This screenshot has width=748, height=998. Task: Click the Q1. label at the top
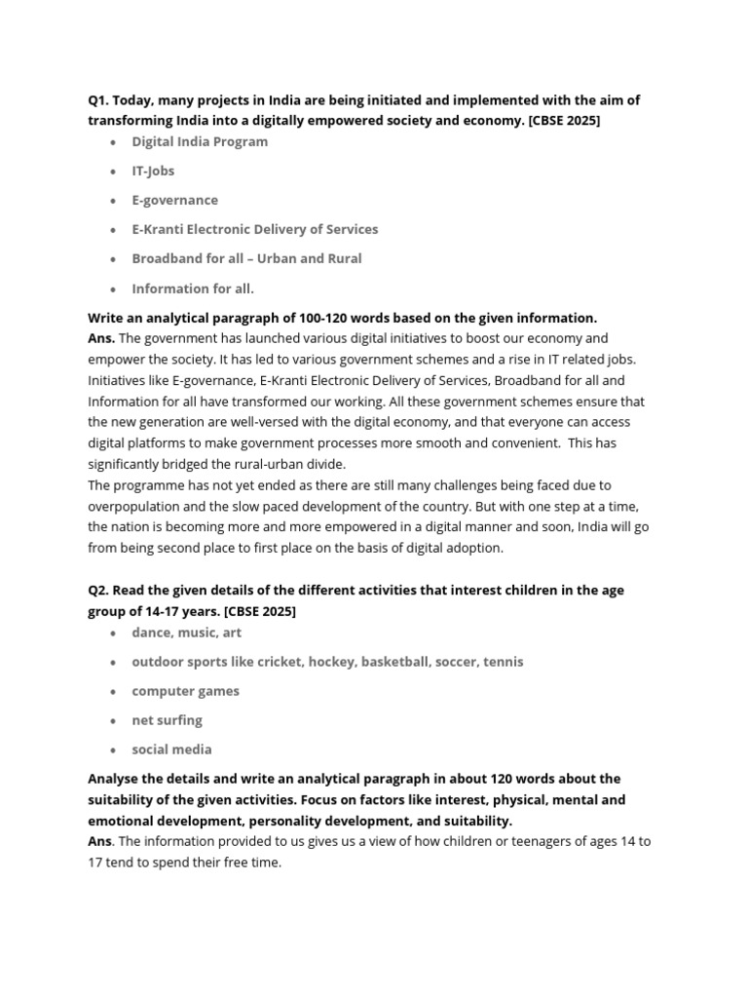(x=100, y=100)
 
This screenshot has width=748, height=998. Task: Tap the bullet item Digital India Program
(x=200, y=141)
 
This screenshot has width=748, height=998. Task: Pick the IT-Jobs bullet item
(x=154, y=171)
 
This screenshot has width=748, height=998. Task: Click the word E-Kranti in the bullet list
(x=157, y=229)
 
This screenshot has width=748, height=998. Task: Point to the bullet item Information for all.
(x=193, y=288)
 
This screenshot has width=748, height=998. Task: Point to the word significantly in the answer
(x=129, y=464)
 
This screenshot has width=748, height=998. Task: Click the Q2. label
(x=100, y=592)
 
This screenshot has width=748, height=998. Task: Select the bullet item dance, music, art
(x=186, y=633)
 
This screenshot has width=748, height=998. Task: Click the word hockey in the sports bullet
(x=333, y=662)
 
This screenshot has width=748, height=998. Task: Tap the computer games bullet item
(x=185, y=691)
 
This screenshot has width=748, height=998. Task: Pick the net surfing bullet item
(x=167, y=720)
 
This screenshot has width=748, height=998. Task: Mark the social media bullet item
(x=171, y=749)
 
